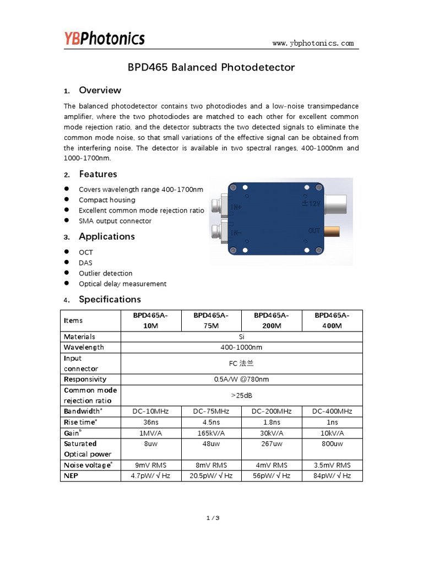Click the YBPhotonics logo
tap(104, 38)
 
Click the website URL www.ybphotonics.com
tap(313, 43)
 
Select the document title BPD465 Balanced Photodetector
tap(211, 67)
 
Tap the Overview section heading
tap(100, 90)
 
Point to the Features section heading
tap(97, 174)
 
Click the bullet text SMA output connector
tap(115, 221)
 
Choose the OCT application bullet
tap(86, 252)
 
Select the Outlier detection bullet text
tap(106, 273)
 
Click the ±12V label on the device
tap(311, 203)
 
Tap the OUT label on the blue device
tap(314, 231)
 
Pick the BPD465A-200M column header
tap(272, 321)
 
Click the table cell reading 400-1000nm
tap(241, 348)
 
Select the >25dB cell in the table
tap(241, 395)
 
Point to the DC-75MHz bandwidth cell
tap(211, 411)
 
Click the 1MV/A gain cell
tap(150, 433)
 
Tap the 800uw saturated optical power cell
tap(332, 443)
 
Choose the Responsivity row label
tap(85, 379)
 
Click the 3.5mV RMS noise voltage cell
tap(332, 465)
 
